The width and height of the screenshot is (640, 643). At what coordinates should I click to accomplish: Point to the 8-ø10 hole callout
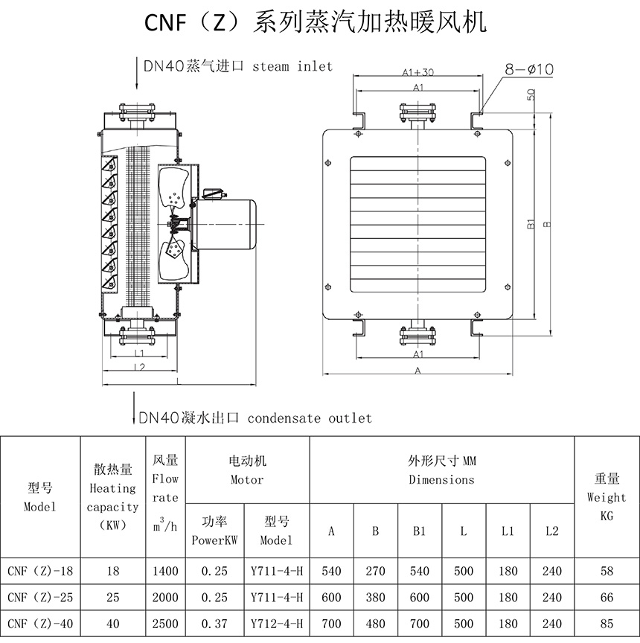[529, 69]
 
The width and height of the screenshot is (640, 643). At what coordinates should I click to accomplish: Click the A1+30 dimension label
[417, 72]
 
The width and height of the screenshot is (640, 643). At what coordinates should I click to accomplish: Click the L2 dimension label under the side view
[139, 367]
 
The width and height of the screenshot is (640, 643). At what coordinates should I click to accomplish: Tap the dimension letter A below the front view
[417, 370]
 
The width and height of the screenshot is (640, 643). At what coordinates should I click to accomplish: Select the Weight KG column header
[606, 496]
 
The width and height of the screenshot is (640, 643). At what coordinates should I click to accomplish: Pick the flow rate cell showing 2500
[165, 623]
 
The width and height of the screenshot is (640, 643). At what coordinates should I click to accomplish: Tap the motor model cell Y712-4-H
[277, 623]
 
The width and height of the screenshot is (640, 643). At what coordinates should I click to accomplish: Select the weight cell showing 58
[606, 572]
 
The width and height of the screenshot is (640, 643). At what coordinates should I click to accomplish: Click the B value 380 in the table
[375, 598]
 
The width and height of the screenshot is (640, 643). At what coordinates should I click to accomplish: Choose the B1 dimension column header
[419, 531]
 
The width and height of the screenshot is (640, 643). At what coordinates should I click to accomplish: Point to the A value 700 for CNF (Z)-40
[331, 623]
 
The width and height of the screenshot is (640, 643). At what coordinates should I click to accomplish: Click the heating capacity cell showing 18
[113, 572]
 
